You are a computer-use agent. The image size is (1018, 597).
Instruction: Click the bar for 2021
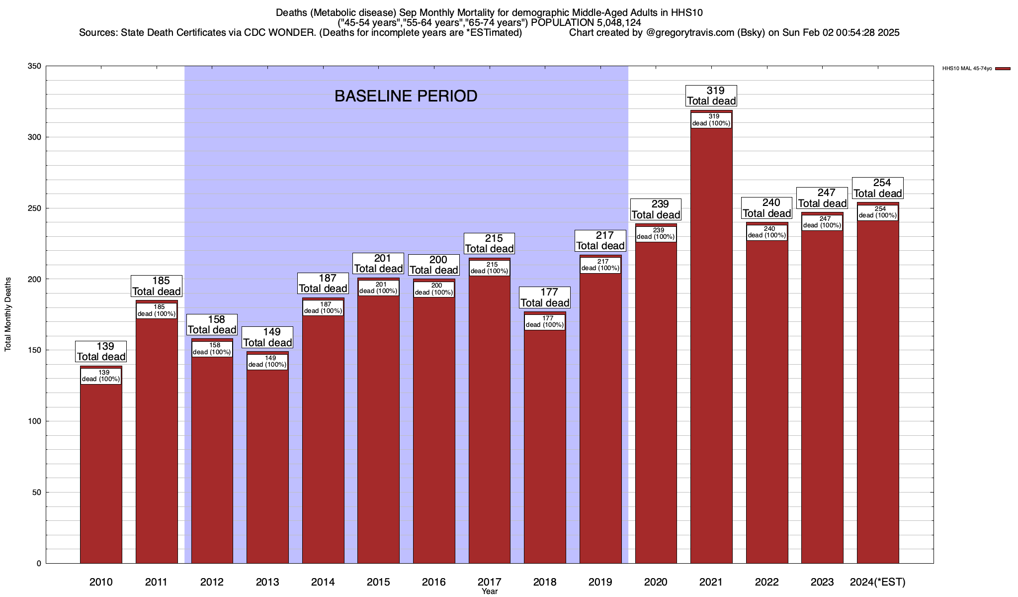coord(711,348)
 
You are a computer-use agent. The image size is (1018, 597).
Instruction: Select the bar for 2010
coord(101,473)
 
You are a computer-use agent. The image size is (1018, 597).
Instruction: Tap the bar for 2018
coord(545,448)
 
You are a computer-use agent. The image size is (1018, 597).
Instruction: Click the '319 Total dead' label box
coord(711,96)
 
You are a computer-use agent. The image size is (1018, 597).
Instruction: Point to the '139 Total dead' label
coord(101,352)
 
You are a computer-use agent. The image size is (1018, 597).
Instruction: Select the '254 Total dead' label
coord(878,188)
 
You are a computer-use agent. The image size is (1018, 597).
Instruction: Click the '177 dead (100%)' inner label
coord(545,322)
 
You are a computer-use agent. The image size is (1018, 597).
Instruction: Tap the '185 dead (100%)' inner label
coord(157,310)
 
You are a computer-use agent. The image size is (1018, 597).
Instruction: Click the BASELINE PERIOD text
coord(406,96)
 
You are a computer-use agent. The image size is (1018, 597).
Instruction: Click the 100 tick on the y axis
coord(35,421)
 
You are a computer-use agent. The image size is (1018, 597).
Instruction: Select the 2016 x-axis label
coord(434,582)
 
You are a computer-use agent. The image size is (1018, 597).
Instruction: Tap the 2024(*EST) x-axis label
coord(878,582)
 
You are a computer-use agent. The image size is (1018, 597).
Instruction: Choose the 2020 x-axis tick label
coord(656,582)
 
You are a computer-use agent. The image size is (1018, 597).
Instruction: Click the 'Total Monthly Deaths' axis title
coord(8,314)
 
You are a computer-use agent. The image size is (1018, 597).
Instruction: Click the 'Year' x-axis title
coord(490,592)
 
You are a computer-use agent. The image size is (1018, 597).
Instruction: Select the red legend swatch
coord(1003,69)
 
